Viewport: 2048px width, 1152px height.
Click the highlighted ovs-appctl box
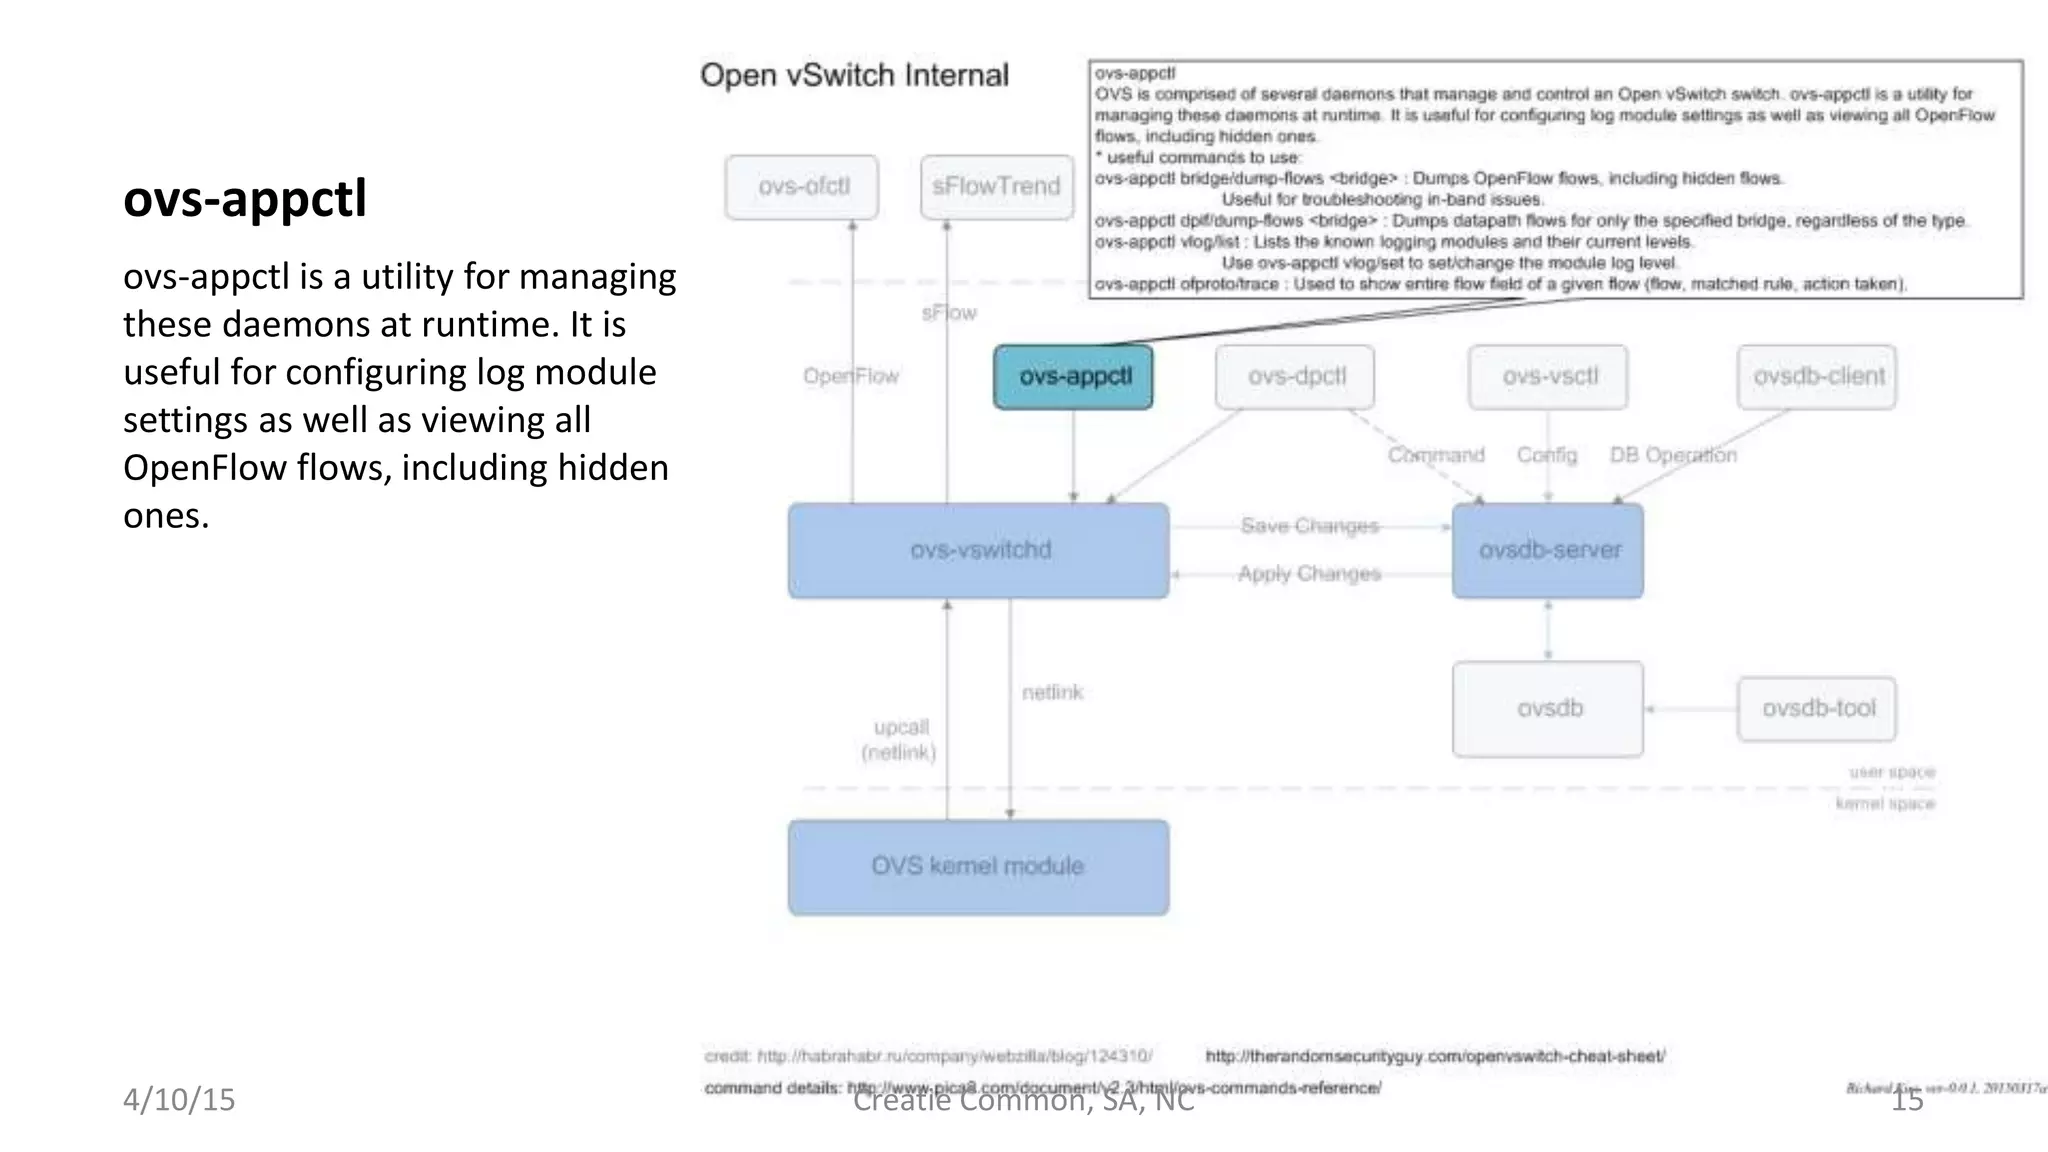tap(1073, 377)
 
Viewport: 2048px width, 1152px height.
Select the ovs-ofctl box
tap(802, 187)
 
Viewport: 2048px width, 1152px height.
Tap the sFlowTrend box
tap(996, 187)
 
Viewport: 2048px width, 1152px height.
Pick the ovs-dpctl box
tap(1295, 377)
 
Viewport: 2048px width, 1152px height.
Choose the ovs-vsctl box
tap(1548, 377)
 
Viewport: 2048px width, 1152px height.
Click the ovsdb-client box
tap(1817, 377)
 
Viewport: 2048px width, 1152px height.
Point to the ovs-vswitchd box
tap(979, 551)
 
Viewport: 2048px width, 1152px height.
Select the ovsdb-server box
tap(1548, 551)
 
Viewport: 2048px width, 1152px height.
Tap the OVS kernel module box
tap(979, 867)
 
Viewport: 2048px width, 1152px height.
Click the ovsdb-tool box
tap(1817, 709)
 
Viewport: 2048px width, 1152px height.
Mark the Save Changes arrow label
tap(1309, 526)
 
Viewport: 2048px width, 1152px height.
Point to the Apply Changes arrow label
tap(1309, 574)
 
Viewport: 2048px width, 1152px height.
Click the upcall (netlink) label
tap(899, 740)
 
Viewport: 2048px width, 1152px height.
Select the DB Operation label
tap(1672, 455)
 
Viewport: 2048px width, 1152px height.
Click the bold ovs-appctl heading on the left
tap(245, 198)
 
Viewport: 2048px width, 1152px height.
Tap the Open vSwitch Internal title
tap(854, 75)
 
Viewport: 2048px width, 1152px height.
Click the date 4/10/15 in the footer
tap(179, 1099)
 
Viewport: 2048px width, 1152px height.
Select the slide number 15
tap(1907, 1100)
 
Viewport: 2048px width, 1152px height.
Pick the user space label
tap(1891, 772)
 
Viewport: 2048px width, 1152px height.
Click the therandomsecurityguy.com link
tap(1434, 1056)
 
